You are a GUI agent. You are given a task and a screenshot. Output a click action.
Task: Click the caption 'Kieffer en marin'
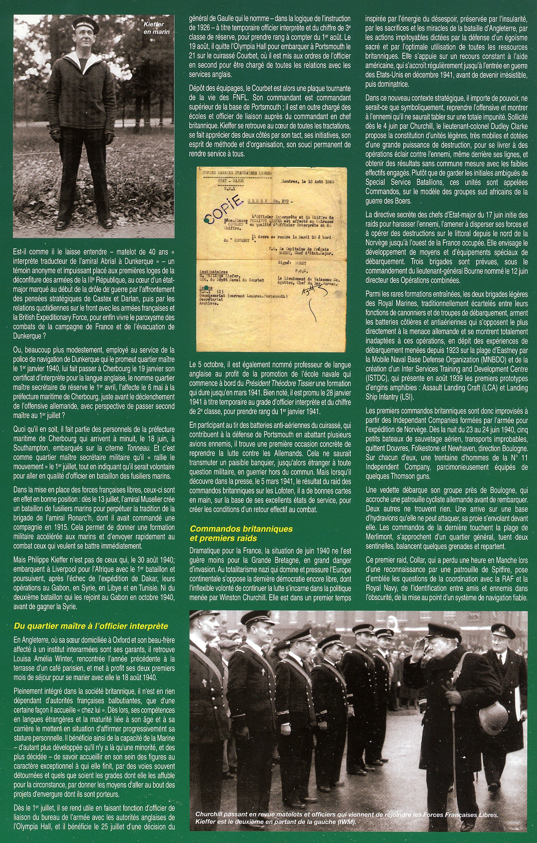point(156,28)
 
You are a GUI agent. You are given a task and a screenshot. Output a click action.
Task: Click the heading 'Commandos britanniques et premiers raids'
point(241,534)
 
